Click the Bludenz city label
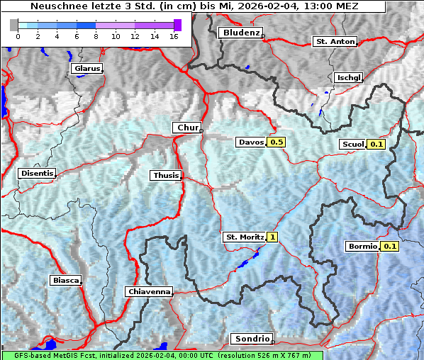pyautogui.click(x=240, y=33)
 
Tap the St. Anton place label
pyautogui.click(x=334, y=42)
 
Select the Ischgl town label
pyautogui.click(x=348, y=77)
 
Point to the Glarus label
pyautogui.click(x=86, y=69)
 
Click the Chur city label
pyautogui.click(x=186, y=128)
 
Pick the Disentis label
pyautogui.click(x=36, y=173)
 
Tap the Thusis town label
pyautogui.click(x=165, y=175)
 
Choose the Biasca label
pyautogui.click(x=65, y=280)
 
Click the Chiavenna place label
pyautogui.click(x=148, y=291)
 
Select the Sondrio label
pyautogui.click(x=250, y=339)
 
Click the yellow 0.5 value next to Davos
pyautogui.click(x=277, y=142)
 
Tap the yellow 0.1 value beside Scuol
pyautogui.click(x=376, y=145)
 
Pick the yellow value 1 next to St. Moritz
pyautogui.click(x=272, y=237)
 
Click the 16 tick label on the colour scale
pyautogui.click(x=174, y=36)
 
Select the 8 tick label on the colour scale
pyautogui.click(x=96, y=36)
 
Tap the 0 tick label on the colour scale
pyautogui.click(x=18, y=36)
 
